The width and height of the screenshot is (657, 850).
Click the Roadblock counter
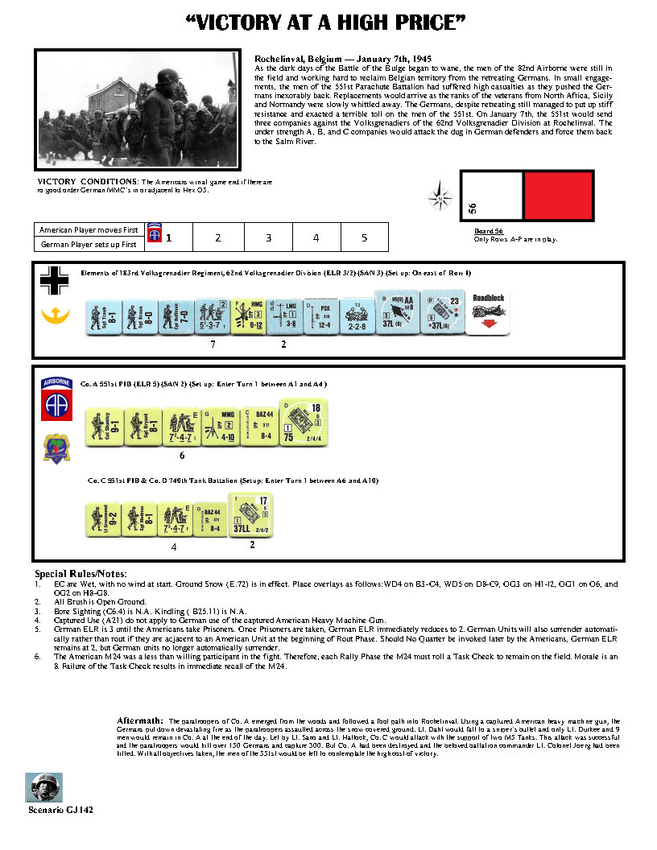coord(489,313)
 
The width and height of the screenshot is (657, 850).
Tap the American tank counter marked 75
coord(298,422)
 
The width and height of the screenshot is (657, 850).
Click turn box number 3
coord(268,237)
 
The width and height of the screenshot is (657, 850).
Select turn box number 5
coord(364,237)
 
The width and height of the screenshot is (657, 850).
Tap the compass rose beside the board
coord(440,196)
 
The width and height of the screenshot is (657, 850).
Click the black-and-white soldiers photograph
coord(138,109)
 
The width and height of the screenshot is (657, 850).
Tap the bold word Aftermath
coord(142,720)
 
